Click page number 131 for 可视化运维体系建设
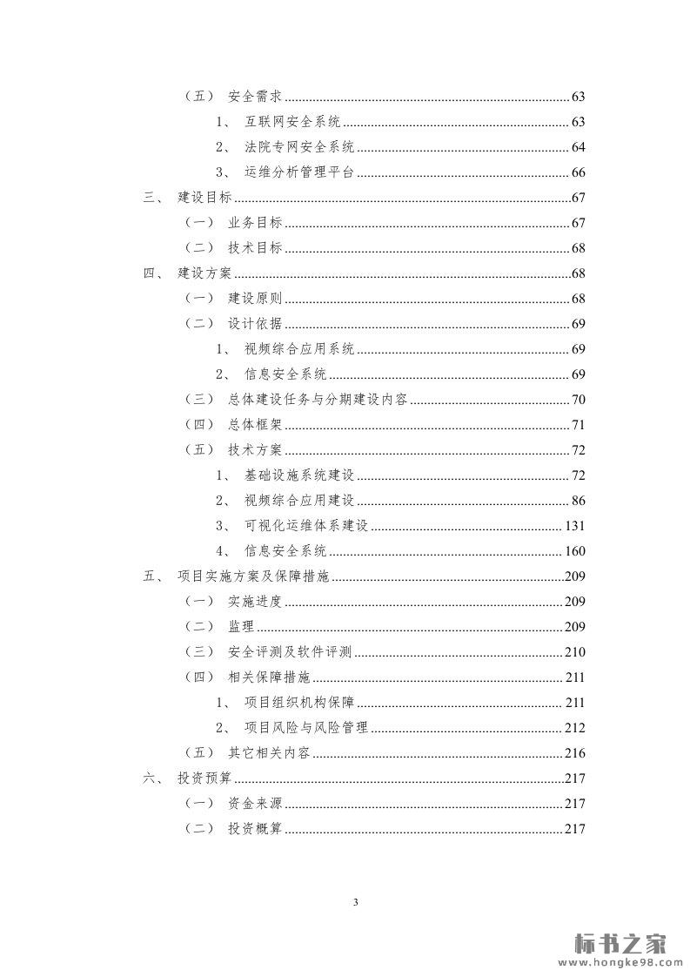coord(574,526)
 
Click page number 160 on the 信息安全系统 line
coord(574,551)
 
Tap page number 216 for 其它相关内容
coord(574,753)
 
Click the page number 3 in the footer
coord(355,902)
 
